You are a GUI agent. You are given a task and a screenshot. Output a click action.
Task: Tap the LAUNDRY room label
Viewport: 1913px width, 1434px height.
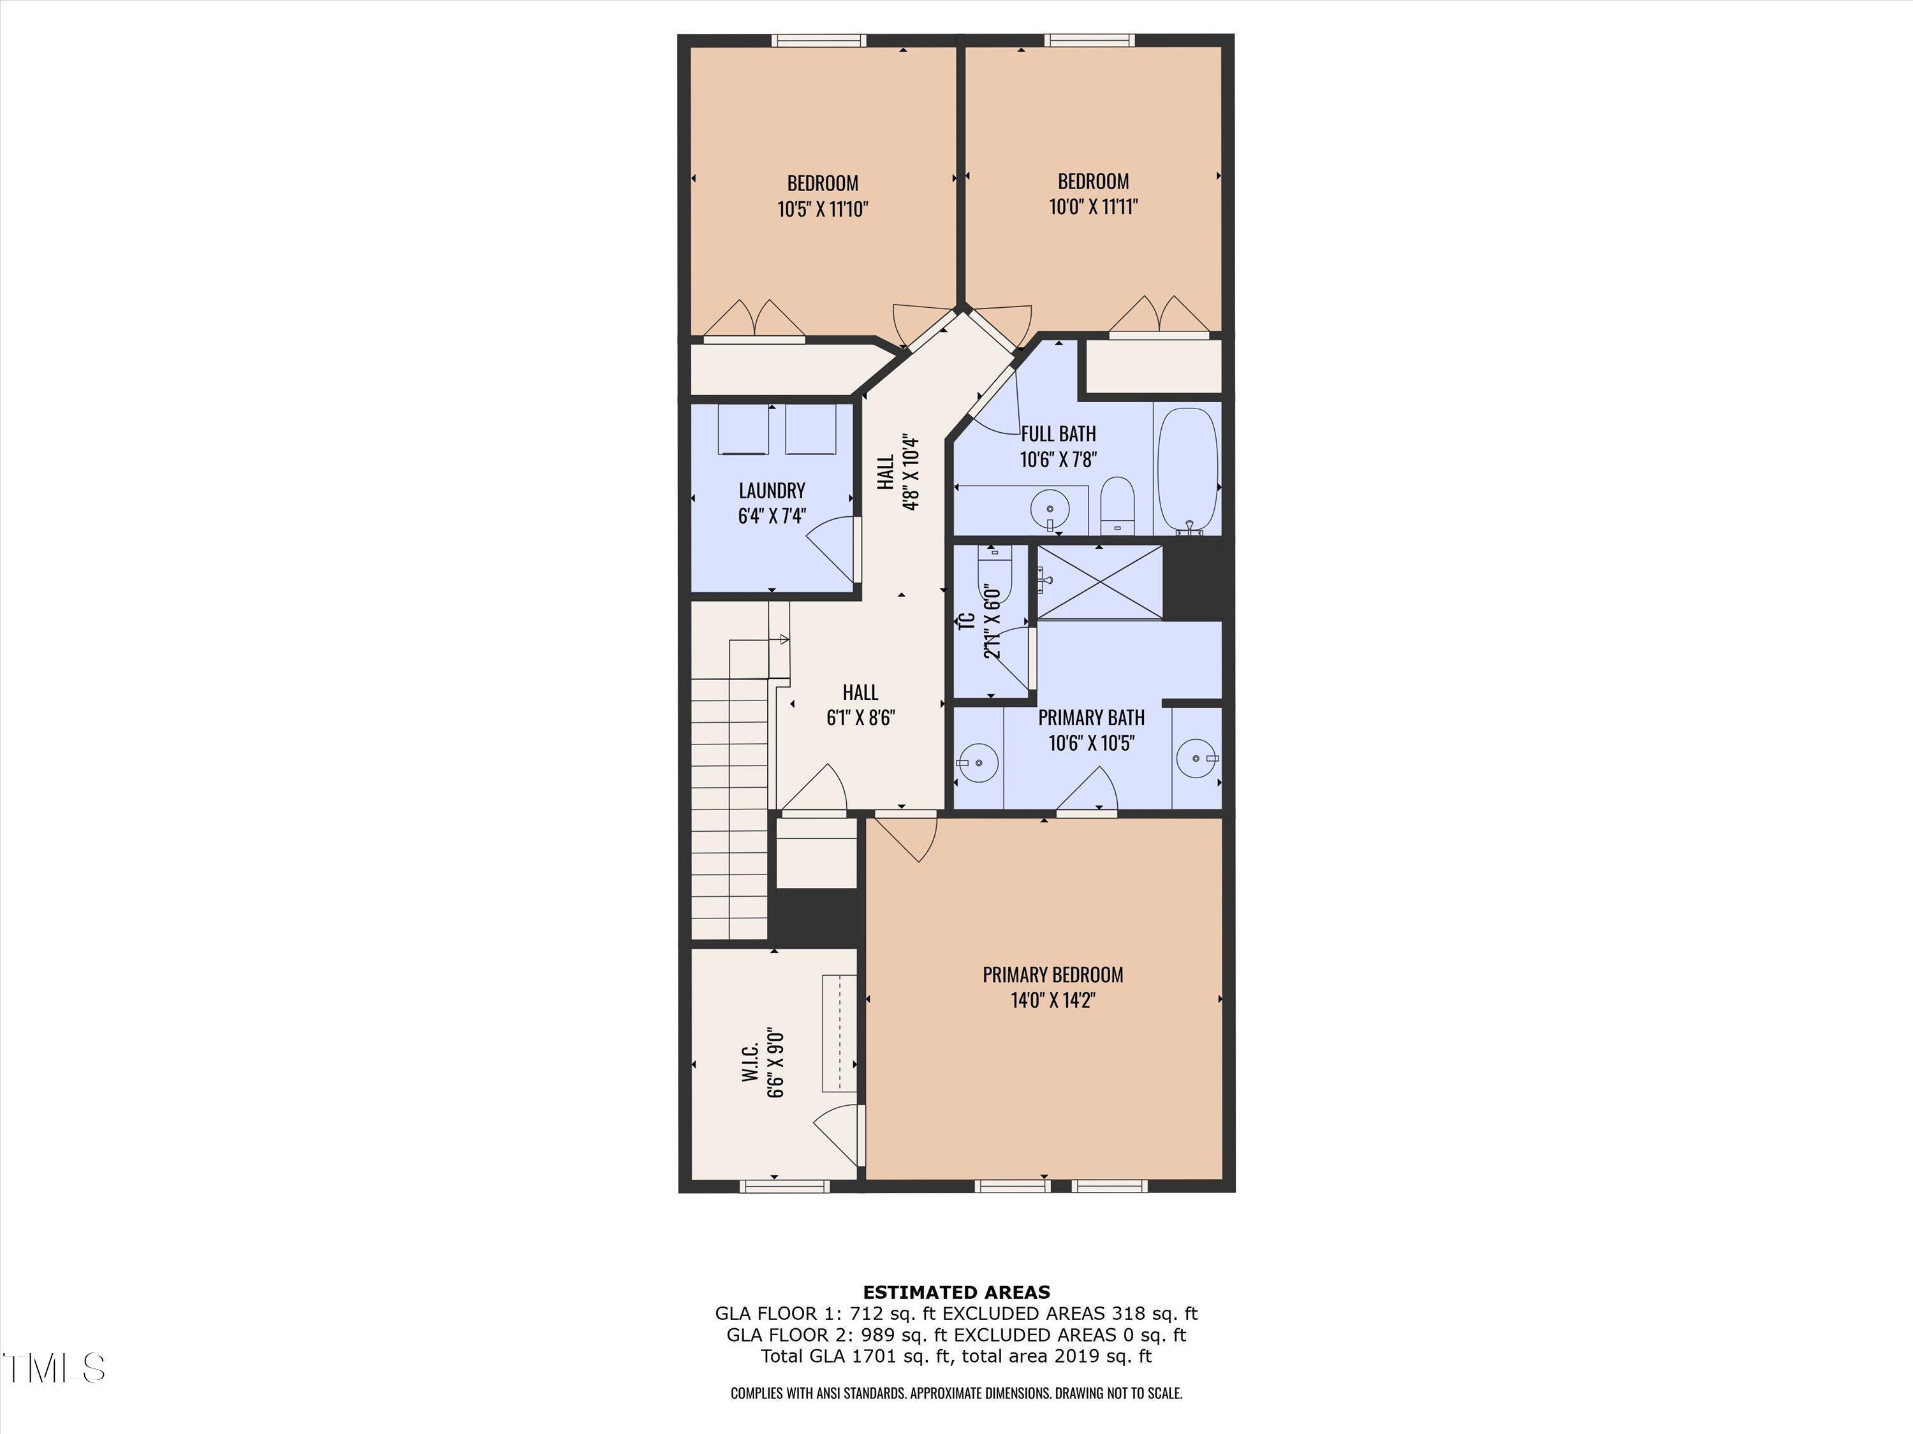pyautogui.click(x=772, y=491)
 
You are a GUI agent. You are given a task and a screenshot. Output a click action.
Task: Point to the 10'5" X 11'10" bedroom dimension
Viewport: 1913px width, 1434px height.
pyautogui.click(x=823, y=209)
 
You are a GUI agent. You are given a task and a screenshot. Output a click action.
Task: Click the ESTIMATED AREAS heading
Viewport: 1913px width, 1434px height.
pyautogui.click(x=957, y=1293)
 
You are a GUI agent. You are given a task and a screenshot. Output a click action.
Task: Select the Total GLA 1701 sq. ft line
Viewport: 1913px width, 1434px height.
pyautogui.click(x=956, y=1356)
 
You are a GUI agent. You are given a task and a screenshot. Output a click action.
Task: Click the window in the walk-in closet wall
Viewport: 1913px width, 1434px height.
pyautogui.click(x=785, y=1187)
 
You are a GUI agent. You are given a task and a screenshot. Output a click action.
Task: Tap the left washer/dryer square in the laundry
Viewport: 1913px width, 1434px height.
pyautogui.click(x=743, y=429)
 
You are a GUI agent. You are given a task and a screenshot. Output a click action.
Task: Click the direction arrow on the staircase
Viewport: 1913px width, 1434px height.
pyautogui.click(x=784, y=640)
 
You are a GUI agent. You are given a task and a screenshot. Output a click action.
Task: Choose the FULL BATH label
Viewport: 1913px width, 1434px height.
pyautogui.click(x=1058, y=434)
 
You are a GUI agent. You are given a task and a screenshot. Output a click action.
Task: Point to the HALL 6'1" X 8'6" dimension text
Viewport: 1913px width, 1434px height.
pyautogui.click(x=860, y=718)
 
